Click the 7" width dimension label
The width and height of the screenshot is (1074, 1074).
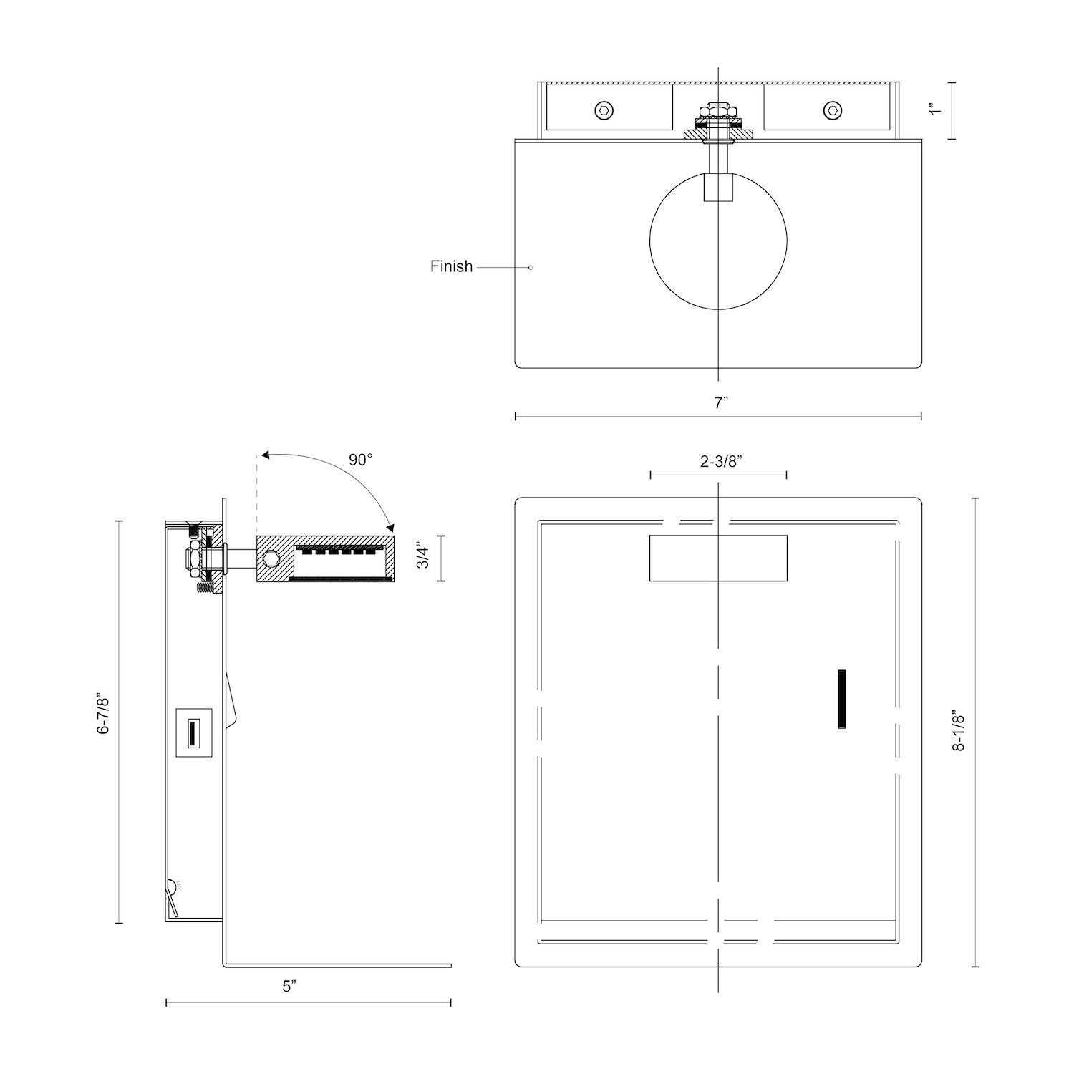[x=720, y=402]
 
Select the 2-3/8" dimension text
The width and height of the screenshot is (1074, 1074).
[x=720, y=461]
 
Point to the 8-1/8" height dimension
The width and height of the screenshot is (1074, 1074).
[x=959, y=731]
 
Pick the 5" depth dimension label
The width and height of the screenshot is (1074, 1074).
[x=288, y=987]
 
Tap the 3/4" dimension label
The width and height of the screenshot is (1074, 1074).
[x=423, y=558]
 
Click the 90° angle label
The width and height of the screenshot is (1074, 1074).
[x=361, y=460]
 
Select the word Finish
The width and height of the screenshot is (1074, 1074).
[x=451, y=266]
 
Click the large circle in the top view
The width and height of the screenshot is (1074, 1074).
[x=718, y=241]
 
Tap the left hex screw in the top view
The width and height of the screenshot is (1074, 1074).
[x=604, y=110]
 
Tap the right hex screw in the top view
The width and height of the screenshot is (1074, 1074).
[x=831, y=110]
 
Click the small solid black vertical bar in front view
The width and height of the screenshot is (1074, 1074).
[x=842, y=700]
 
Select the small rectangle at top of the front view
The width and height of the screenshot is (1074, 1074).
[x=718, y=558]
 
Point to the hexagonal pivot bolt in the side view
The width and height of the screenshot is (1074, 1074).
[x=271, y=558]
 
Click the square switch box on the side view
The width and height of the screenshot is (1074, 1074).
[x=193, y=732]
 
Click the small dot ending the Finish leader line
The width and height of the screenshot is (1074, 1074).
[x=531, y=267]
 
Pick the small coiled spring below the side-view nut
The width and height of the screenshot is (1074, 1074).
[x=205, y=587]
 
